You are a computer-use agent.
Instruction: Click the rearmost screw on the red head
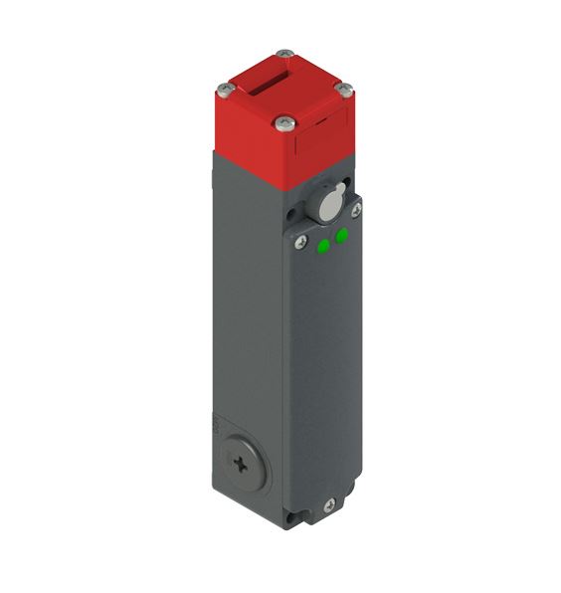click(x=286, y=54)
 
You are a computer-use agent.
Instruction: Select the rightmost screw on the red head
click(x=345, y=90)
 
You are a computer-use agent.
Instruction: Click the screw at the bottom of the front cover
click(x=329, y=506)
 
